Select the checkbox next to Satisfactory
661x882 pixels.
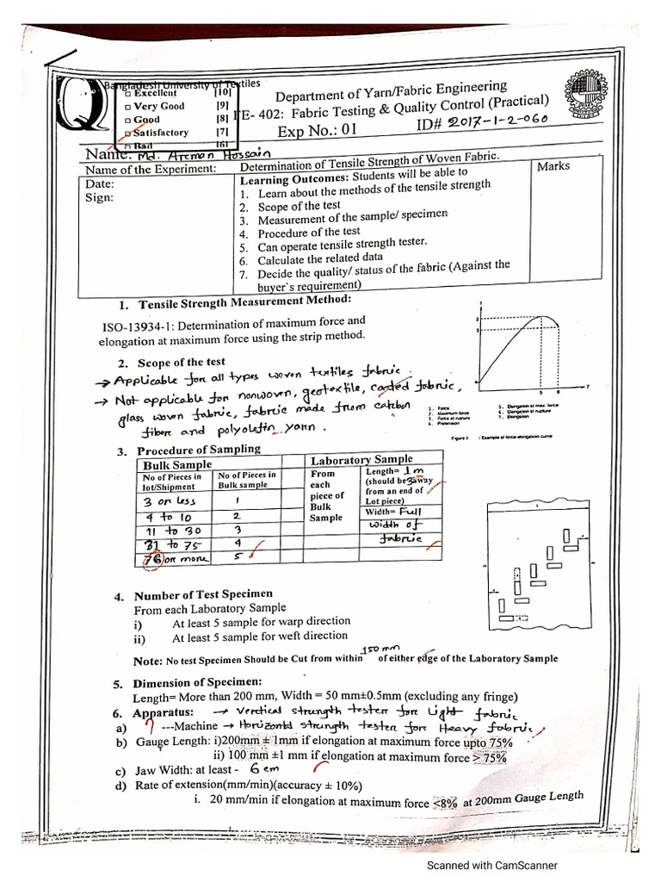(x=128, y=134)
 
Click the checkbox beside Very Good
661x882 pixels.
(x=128, y=106)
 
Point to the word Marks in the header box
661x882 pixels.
(x=553, y=165)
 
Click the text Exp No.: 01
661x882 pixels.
(x=316, y=132)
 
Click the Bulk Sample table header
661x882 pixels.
(x=177, y=465)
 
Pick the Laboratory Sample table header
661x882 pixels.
(x=361, y=460)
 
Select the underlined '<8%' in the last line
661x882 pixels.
(x=445, y=803)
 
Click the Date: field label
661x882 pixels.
(x=99, y=183)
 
